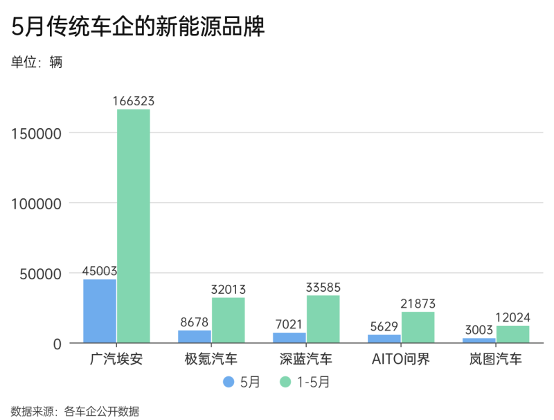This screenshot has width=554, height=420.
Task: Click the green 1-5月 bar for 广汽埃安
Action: [x=133, y=226]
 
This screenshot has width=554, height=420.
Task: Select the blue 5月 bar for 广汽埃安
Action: [x=100, y=311]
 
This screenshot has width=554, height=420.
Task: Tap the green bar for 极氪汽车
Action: [x=229, y=320]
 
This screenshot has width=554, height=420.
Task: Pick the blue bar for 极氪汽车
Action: [x=195, y=337]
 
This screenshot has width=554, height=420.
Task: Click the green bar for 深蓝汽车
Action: [x=323, y=319]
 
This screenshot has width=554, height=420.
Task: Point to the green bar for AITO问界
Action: [x=418, y=327]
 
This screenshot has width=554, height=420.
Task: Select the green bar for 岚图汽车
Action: [x=513, y=334]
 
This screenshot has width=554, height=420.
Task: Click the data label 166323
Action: [x=133, y=101]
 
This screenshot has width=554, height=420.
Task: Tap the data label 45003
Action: [x=100, y=271]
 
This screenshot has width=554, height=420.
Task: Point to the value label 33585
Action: [x=323, y=288]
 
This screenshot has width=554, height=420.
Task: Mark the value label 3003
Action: [x=479, y=330]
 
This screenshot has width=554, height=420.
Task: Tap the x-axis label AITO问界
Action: [x=401, y=359]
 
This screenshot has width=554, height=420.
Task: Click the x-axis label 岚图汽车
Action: [x=496, y=359]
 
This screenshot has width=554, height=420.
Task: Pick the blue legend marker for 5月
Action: [x=229, y=382]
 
